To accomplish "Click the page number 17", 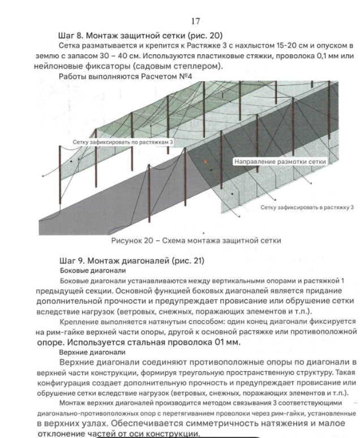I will [196, 22].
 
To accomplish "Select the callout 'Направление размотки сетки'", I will [281, 161].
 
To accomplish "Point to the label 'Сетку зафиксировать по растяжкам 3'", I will [123, 142].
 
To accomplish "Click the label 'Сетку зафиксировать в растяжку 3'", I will [307, 207].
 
